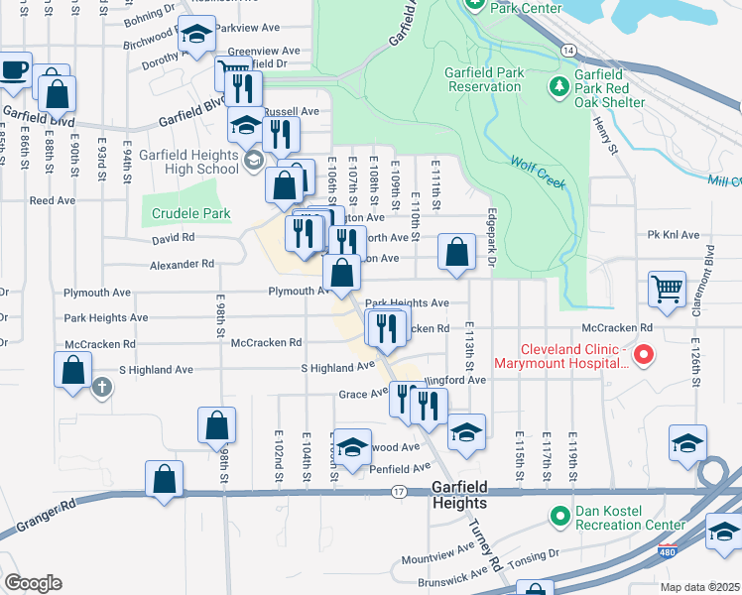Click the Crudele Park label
click(x=191, y=213)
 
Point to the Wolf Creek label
click(x=538, y=174)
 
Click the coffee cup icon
click(x=15, y=69)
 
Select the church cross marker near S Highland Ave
click(x=102, y=387)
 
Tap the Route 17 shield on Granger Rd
click(x=399, y=492)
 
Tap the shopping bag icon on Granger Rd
click(x=164, y=479)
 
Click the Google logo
click(x=33, y=583)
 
